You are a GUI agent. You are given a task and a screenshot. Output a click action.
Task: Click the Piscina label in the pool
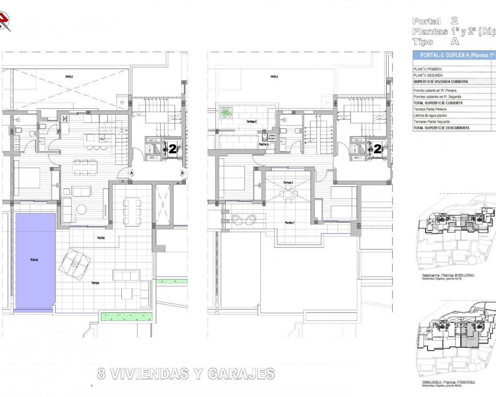[x=34, y=260]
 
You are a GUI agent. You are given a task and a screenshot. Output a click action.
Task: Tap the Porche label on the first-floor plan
[x=101, y=238]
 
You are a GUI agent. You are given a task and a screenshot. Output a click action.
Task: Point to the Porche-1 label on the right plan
[x=289, y=223]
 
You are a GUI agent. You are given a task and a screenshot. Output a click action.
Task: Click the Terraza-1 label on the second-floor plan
[x=287, y=182]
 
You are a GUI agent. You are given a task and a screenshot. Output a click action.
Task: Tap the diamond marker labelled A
[x=131, y=173]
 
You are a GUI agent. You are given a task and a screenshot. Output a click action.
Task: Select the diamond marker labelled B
[x=182, y=173]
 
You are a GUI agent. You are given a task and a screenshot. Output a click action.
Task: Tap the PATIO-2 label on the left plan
[x=69, y=77]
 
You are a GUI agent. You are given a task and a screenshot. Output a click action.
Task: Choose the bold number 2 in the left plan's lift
[x=172, y=149]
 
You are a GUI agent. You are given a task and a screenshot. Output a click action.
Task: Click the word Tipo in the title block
[x=423, y=42]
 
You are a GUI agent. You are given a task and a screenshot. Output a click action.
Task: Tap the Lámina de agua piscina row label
[x=430, y=116]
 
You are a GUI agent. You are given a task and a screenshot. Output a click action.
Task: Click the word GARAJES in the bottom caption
[x=241, y=374]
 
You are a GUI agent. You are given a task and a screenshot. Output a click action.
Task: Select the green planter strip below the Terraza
[x=124, y=316]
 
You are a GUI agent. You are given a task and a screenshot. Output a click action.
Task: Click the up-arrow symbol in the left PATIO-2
[x=122, y=102]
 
